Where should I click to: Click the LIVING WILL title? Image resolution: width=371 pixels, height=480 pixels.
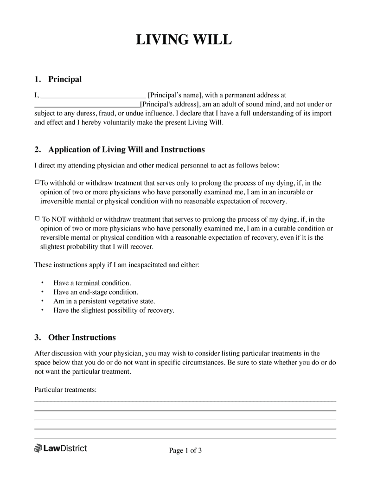(x=183, y=40)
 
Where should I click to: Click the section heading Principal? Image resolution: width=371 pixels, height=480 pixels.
(x=64, y=79)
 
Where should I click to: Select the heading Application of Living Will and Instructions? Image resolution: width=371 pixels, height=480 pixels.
(x=126, y=150)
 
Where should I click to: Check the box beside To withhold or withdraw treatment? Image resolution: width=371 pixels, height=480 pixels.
(x=38, y=183)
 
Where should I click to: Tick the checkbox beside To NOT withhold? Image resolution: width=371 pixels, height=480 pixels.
(x=38, y=219)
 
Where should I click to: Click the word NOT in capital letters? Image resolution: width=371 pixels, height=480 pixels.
(x=58, y=219)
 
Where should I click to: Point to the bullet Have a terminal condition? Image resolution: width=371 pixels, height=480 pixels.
(x=92, y=282)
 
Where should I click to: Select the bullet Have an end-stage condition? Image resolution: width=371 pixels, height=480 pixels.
(x=96, y=292)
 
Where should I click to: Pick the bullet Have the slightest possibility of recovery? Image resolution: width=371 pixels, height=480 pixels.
(x=114, y=310)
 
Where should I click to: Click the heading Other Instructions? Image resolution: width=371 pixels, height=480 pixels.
(x=82, y=337)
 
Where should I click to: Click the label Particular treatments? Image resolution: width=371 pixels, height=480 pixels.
(x=65, y=390)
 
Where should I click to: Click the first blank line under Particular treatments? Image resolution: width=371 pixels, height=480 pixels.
(x=185, y=401)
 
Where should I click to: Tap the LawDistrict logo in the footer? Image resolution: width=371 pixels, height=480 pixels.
(x=61, y=448)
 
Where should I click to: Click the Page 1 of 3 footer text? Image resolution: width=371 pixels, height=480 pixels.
(x=185, y=450)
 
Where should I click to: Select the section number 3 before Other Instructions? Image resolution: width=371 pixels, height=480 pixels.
(x=37, y=337)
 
